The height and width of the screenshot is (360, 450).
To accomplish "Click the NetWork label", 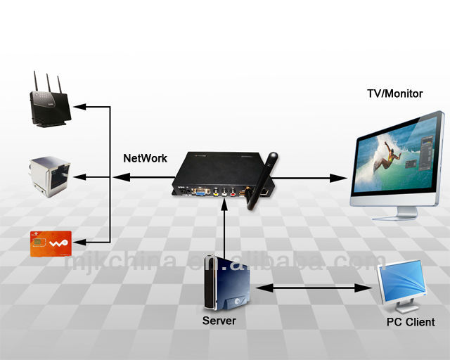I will tap(145, 158).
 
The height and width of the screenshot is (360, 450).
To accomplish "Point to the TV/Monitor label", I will tap(394, 94).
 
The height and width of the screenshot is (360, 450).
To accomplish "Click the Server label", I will tap(219, 321).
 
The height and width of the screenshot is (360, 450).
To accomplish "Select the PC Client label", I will tap(410, 322).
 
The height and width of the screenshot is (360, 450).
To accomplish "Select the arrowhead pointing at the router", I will tap(79, 107).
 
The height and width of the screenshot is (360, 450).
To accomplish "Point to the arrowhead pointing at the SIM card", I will tap(79, 242).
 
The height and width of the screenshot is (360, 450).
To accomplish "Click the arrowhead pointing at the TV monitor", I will tap(345, 178).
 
